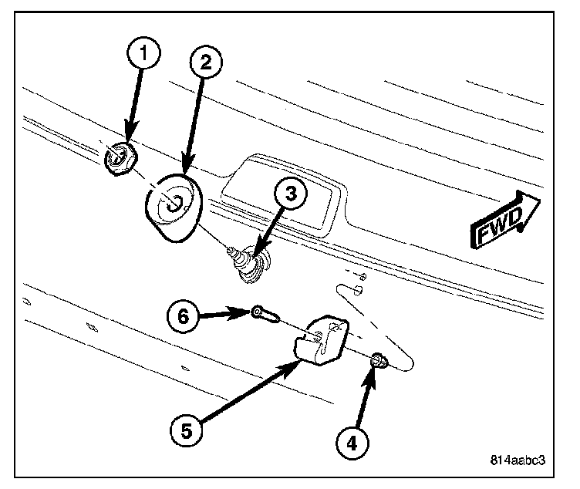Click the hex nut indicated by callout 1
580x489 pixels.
click(x=120, y=160)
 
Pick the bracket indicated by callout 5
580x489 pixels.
click(x=319, y=340)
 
